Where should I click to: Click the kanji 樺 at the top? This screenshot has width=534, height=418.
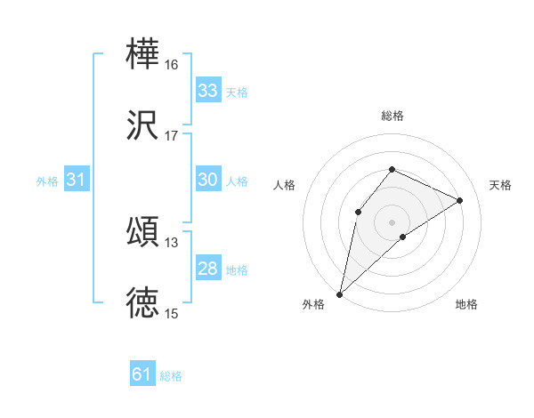pyautogui.click(x=142, y=53)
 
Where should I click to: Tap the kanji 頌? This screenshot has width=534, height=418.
pyautogui.click(x=142, y=231)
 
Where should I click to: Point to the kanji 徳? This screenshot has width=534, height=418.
pyautogui.click(x=142, y=302)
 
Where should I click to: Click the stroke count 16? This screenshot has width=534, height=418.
pyautogui.click(x=172, y=65)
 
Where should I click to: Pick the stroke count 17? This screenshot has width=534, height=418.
pyautogui.click(x=172, y=136)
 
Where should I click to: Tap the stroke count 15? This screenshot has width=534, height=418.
pyautogui.click(x=172, y=314)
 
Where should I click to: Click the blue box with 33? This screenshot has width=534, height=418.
pyautogui.click(x=207, y=91)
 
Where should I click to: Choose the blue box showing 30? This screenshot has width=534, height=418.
pyautogui.click(x=207, y=180)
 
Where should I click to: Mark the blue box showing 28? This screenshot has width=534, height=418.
pyautogui.click(x=207, y=269)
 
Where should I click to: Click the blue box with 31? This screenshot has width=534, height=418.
pyautogui.click(x=77, y=180)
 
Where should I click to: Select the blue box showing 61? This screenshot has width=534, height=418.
pyautogui.click(x=142, y=374)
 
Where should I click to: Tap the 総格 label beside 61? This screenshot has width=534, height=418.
pyautogui.click(x=171, y=376)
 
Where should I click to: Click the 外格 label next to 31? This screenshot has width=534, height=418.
pyautogui.click(x=47, y=181)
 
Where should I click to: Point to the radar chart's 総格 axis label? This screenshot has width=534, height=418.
pyautogui.click(x=392, y=116)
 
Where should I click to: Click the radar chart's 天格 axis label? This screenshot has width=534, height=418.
pyautogui.click(x=500, y=185)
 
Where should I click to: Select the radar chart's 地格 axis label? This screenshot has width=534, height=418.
pyautogui.click(x=466, y=305)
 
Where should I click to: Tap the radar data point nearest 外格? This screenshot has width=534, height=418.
pyautogui.click(x=339, y=293)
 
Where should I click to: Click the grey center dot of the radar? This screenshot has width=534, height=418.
pyautogui.click(x=392, y=221)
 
